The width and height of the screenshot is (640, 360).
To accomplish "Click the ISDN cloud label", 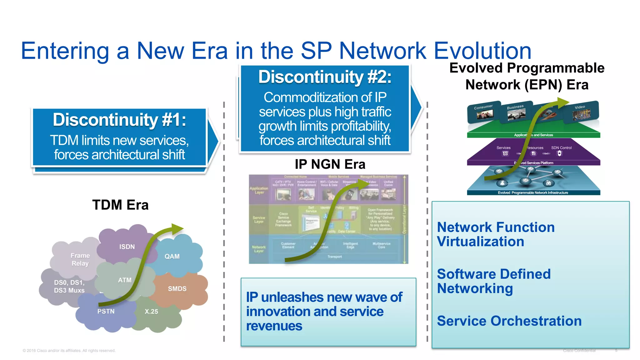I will (127, 247).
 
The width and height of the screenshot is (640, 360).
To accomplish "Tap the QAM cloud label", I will (172, 257).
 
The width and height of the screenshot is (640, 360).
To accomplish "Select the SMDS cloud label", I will (177, 289).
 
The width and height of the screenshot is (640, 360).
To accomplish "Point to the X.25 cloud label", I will (151, 312).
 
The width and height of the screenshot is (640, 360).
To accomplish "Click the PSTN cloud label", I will (106, 311).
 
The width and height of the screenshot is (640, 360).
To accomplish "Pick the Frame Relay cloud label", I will (80, 259).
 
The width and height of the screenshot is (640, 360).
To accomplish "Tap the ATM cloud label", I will (125, 280).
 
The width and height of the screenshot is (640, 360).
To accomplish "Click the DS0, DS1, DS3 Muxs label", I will (69, 286).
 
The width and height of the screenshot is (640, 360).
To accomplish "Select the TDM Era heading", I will (120, 205).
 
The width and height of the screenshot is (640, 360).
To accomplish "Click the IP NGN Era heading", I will (330, 164).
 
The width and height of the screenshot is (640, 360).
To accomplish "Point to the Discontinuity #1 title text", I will (119, 120).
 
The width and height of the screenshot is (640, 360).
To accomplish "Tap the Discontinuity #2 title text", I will (325, 77).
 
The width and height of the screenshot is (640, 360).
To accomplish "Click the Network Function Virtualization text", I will (496, 234).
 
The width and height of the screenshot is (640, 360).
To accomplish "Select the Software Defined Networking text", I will (493, 281).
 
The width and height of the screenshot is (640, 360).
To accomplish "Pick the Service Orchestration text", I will (509, 321).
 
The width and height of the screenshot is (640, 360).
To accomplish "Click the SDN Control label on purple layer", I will (561, 148).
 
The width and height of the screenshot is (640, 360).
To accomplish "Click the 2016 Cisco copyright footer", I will (69, 351).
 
